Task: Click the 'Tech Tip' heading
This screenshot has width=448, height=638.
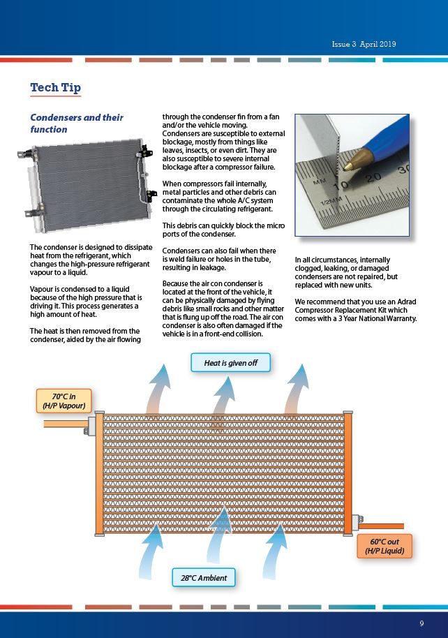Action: pos(55,87)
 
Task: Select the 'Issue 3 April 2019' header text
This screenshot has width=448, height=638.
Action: pos(364,44)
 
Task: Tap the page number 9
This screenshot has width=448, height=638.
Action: pos(421,623)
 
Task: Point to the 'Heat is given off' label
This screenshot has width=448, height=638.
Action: pos(230,363)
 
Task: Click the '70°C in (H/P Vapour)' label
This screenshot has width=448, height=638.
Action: pos(64,401)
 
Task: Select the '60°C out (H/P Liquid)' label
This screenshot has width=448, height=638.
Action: pos(384,546)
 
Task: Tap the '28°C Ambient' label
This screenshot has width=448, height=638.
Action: pos(204,578)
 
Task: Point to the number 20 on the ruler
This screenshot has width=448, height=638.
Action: pos(373,177)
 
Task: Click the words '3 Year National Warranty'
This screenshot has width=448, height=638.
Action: pos(378,319)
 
